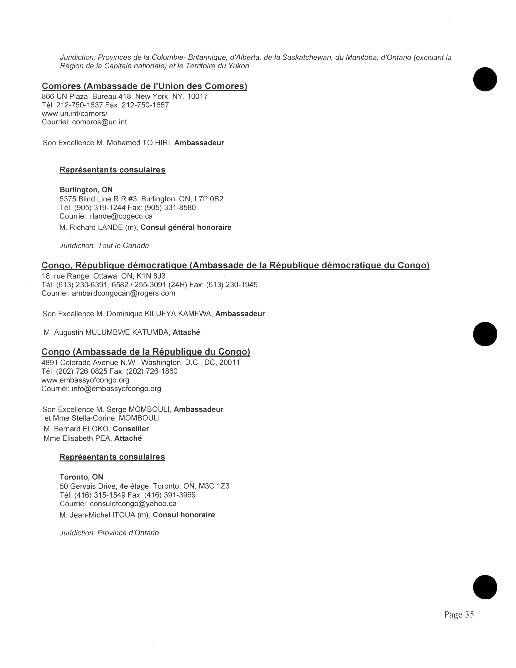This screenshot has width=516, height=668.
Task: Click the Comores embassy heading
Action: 144,86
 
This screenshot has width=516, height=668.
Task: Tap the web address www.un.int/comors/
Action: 75,114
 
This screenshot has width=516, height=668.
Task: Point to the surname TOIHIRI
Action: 156,143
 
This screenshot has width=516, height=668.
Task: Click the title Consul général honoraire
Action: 186,227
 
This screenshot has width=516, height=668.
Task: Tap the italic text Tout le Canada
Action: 123,246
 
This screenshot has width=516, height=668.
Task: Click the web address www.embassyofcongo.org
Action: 85,380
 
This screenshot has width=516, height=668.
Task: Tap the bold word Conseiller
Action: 131,429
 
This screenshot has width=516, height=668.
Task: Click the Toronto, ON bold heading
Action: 81,477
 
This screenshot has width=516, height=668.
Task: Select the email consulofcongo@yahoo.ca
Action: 133,503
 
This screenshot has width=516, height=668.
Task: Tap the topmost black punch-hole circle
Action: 485,79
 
